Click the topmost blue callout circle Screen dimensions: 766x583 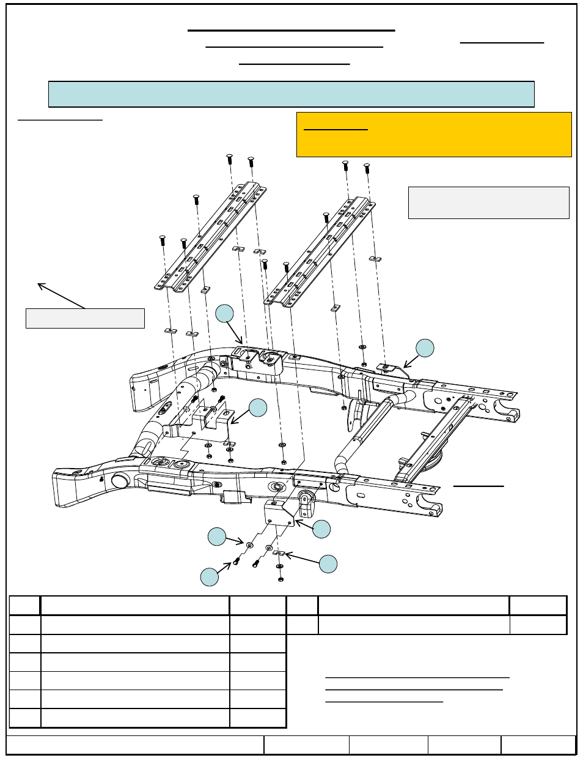pyautogui.click(x=225, y=313)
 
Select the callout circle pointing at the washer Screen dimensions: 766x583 pyautogui.click(x=217, y=537)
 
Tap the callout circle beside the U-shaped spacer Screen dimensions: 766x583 pyautogui.click(x=328, y=563)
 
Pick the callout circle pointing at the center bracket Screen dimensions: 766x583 pyautogui.click(x=258, y=408)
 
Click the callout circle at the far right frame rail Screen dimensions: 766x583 pyautogui.click(x=425, y=348)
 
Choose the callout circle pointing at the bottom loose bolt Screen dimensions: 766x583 pyautogui.click(x=210, y=577)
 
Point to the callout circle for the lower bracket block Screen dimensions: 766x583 pyautogui.click(x=321, y=529)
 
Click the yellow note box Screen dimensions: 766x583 pyautogui.click(x=434, y=135)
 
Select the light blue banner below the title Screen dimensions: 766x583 pyautogui.click(x=291, y=94)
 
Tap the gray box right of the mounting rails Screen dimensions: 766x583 pyautogui.click(x=488, y=203)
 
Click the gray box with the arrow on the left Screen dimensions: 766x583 pyautogui.click(x=85, y=318)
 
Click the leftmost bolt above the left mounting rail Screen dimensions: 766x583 pyautogui.click(x=163, y=240)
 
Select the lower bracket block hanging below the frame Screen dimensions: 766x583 pyautogui.click(x=280, y=513)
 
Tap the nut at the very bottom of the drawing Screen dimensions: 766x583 pyautogui.click(x=280, y=579)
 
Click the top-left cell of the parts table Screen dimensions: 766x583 pyautogui.click(x=25, y=605)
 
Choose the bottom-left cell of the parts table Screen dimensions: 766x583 pyautogui.click(x=25, y=718)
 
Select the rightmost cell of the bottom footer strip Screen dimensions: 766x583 pyautogui.click(x=538, y=745)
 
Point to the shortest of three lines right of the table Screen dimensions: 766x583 pyautogui.click(x=384, y=701)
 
